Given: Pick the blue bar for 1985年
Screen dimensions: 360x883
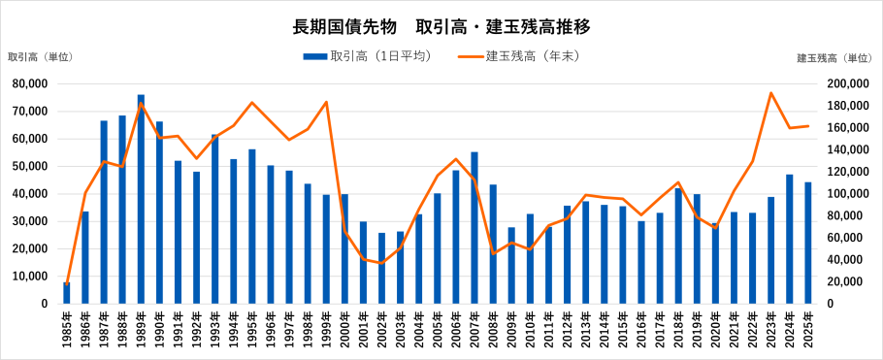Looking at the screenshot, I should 67,293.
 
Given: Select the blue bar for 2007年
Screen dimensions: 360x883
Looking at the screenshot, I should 474,228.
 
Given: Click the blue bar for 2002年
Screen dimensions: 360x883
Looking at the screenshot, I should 381,269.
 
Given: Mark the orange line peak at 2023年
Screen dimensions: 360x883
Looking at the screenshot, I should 770,93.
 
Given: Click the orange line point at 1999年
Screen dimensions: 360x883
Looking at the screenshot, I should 326,102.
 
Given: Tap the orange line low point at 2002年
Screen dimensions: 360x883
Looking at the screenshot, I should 381,263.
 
